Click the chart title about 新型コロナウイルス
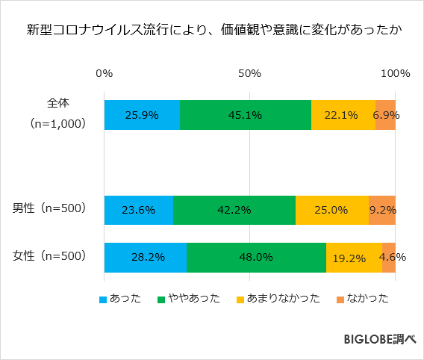coord(212,31)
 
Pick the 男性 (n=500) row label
coord(50,209)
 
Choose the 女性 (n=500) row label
coord(50,256)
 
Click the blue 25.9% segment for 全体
coord(142,115)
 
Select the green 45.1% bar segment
coord(246,115)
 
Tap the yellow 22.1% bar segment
coord(343,115)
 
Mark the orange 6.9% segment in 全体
coord(385,115)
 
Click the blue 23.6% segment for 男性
coord(138,210)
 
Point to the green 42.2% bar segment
coord(234,210)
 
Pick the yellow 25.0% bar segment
coord(331,210)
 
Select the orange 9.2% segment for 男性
coord(382,210)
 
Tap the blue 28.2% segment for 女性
coord(145,257)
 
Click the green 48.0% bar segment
coord(256,257)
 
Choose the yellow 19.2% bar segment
coord(354,257)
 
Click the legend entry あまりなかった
coord(278,299)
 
